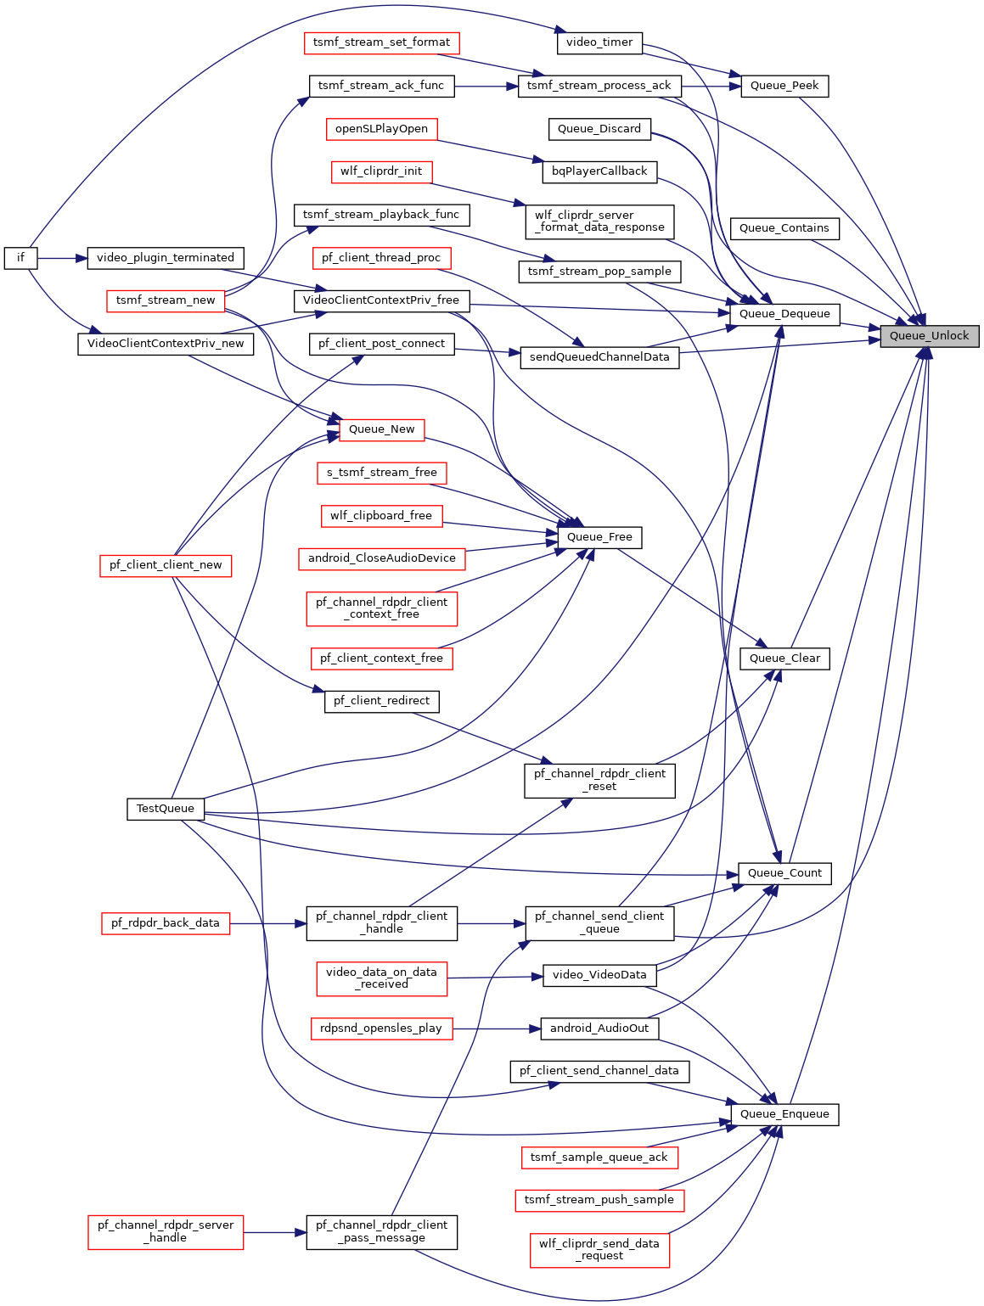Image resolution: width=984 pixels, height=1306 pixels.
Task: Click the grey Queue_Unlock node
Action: (x=929, y=336)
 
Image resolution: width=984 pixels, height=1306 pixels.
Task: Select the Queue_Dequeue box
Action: (x=784, y=314)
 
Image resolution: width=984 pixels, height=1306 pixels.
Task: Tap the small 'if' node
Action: (x=21, y=258)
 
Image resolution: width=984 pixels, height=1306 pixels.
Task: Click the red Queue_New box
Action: (x=381, y=429)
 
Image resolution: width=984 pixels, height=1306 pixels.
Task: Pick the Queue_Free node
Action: (x=599, y=537)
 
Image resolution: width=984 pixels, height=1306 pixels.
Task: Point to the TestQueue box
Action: (x=166, y=809)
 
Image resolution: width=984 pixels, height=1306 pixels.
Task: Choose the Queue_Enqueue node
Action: (x=784, y=1114)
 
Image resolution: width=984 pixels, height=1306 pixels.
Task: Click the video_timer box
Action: (x=599, y=42)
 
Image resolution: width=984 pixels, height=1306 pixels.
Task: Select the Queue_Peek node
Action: (x=784, y=86)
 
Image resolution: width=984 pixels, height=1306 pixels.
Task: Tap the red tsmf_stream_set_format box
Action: (x=381, y=42)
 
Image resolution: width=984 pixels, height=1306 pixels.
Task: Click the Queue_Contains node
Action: (x=784, y=228)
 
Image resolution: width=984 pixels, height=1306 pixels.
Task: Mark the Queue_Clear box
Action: (x=784, y=659)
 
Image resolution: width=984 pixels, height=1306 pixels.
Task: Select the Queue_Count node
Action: (x=784, y=873)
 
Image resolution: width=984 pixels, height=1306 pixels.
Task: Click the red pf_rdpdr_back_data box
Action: (x=166, y=923)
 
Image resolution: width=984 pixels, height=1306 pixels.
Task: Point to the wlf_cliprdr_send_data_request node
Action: (x=599, y=1250)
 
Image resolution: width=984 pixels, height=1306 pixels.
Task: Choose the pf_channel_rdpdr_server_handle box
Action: (x=166, y=1232)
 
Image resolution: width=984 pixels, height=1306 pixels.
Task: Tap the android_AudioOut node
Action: (x=599, y=1029)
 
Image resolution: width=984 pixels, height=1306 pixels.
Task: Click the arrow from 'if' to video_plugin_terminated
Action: (x=62, y=258)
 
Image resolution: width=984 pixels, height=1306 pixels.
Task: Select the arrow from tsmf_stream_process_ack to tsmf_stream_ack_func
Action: (x=486, y=87)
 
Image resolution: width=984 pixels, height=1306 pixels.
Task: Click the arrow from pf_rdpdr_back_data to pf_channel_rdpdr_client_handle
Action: (x=268, y=923)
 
